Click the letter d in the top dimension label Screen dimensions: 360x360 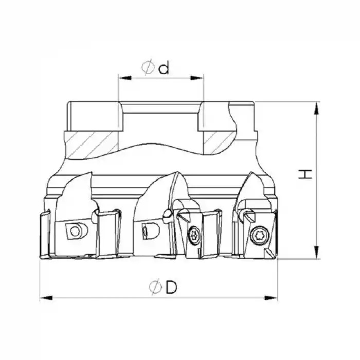[x=164, y=68]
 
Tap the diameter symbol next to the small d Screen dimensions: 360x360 [x=148, y=68]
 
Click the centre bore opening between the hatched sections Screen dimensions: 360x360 [x=161, y=121]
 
